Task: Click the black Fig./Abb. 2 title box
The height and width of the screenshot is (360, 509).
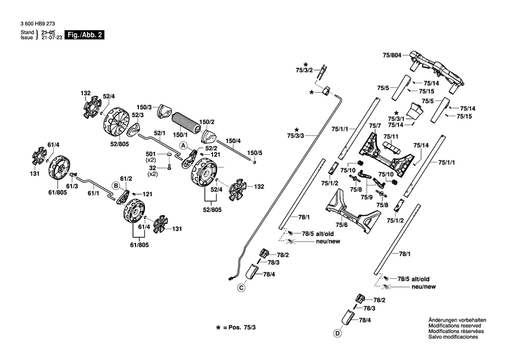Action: (x=84, y=35)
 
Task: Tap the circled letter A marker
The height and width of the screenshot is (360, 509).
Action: (x=184, y=146)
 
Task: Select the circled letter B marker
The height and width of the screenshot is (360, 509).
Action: (x=116, y=186)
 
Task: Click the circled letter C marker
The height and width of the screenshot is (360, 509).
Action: (x=241, y=288)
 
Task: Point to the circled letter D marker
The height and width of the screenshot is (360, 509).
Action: (x=337, y=334)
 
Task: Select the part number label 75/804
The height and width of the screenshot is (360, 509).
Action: (x=392, y=56)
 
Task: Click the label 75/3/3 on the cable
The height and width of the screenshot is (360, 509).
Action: (x=295, y=135)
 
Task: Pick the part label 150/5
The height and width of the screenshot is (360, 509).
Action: (x=254, y=153)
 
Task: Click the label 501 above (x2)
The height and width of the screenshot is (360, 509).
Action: (x=151, y=154)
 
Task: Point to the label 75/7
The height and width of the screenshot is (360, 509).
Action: (x=375, y=126)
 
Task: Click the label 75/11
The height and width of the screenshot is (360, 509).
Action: (x=391, y=136)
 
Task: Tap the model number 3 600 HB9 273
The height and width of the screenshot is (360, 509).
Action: (x=38, y=24)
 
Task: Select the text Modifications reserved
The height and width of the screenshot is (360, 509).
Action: (x=455, y=325)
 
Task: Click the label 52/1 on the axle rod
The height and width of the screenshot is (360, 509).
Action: (x=159, y=133)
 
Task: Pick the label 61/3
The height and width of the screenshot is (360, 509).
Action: (x=72, y=186)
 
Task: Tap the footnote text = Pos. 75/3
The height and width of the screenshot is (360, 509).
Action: (x=239, y=327)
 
